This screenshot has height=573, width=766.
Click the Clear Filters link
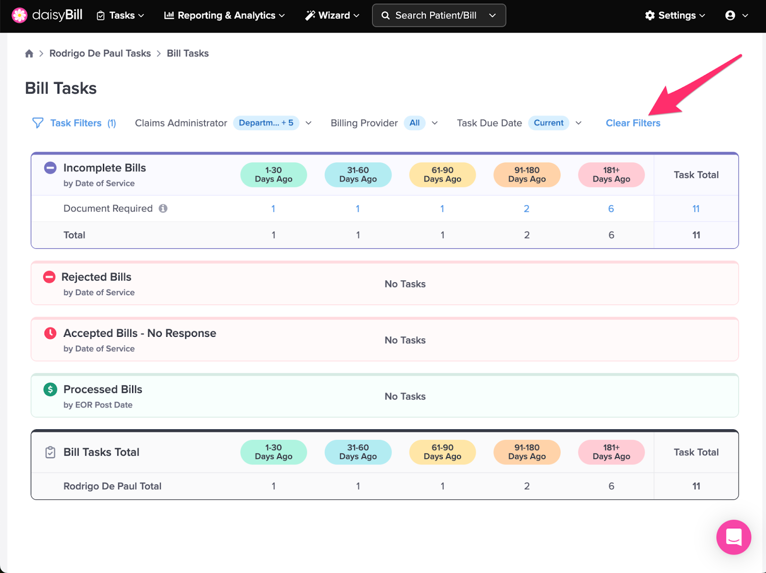click(x=633, y=123)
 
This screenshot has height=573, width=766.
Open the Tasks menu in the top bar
click(x=120, y=15)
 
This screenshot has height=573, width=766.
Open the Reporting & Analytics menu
click(x=224, y=15)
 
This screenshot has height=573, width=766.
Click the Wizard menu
click(x=332, y=15)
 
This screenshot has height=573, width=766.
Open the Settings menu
click(x=675, y=15)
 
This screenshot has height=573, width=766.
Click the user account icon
click(x=730, y=15)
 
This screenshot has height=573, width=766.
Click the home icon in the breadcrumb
click(x=29, y=54)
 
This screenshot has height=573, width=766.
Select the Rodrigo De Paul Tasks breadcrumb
click(x=100, y=54)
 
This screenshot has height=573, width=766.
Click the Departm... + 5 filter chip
click(x=266, y=123)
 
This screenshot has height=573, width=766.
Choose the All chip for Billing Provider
click(x=415, y=123)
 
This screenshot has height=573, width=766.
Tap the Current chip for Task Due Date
click(x=549, y=123)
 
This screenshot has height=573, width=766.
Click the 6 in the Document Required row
click(x=611, y=209)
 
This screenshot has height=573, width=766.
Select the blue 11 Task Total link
click(x=696, y=209)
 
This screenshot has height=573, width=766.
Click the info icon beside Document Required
click(x=163, y=208)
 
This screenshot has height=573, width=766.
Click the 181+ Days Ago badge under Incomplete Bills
click(x=611, y=175)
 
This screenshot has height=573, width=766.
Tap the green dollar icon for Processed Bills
click(x=50, y=390)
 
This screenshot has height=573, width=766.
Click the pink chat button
click(x=733, y=537)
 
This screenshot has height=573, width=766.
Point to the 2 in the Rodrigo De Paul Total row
click(x=527, y=486)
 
